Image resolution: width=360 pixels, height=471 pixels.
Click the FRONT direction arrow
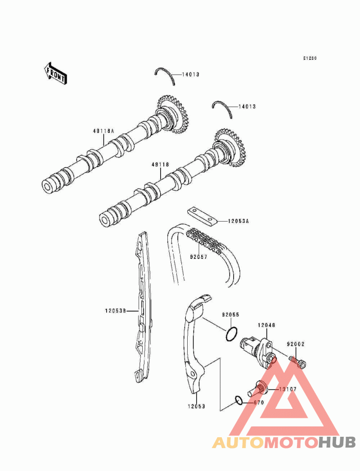pos(55,73)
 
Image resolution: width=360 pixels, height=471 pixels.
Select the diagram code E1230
pos(310,58)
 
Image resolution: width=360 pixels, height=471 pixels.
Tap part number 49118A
pos(103,131)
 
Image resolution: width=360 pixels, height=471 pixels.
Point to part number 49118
pos(160,165)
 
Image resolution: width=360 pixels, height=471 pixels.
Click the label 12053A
pos(238,222)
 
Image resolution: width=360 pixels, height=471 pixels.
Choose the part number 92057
pos(198,257)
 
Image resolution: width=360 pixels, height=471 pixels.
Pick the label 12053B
pos(115,311)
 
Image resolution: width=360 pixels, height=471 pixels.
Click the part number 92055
pos(230,315)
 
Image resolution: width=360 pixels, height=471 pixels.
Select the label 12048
pos(266,325)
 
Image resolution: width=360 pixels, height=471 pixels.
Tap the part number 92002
pos(296,344)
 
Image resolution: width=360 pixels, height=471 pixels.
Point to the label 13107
pos(288,389)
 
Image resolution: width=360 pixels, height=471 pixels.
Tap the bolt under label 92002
pos(297,362)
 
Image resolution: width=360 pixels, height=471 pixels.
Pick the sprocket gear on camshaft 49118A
pos(173,114)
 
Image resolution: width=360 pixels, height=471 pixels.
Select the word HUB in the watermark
pos(337,443)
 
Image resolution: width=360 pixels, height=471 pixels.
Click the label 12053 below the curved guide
pos(196,407)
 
